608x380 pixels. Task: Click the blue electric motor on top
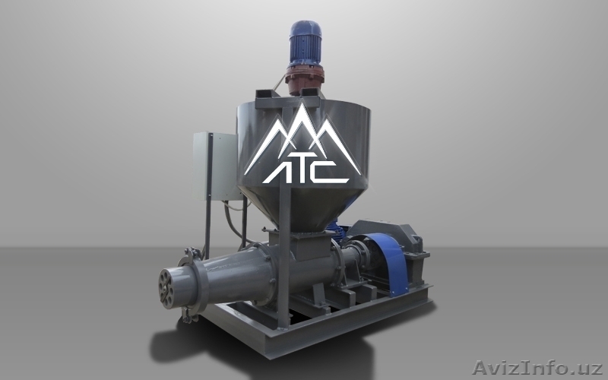pyautogui.click(x=306, y=43)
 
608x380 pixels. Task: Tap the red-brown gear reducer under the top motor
pyautogui.click(x=305, y=80)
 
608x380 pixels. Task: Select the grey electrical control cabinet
pyautogui.click(x=215, y=166)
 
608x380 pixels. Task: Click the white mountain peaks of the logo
pyautogui.click(x=303, y=136)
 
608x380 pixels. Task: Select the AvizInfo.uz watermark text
pyautogui.click(x=537, y=367)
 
